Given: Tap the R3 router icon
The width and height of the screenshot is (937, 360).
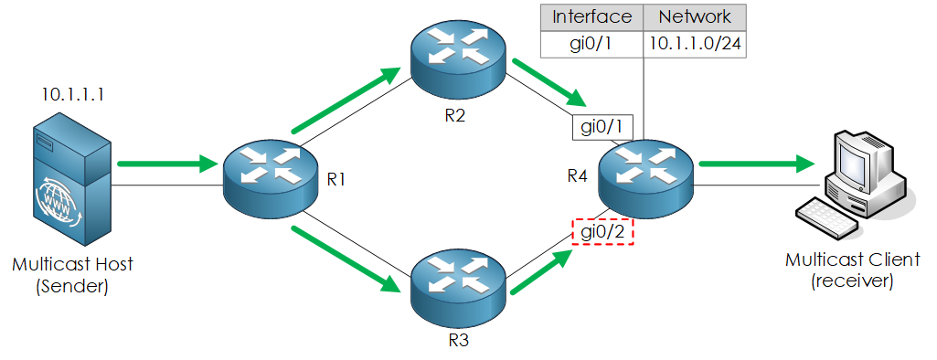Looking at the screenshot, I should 456,285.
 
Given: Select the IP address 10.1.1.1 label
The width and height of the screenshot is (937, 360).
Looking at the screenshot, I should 72,95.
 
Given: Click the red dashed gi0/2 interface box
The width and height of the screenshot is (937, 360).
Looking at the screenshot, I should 602,232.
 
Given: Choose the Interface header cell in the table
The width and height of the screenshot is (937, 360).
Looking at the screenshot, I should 592,16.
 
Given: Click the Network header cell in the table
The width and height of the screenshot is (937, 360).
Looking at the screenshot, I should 695,16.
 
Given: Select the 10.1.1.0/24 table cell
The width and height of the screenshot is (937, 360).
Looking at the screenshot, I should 695,44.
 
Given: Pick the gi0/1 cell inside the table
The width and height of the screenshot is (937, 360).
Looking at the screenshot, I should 592,44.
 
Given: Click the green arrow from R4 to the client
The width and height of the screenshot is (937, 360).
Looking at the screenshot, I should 755,164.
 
